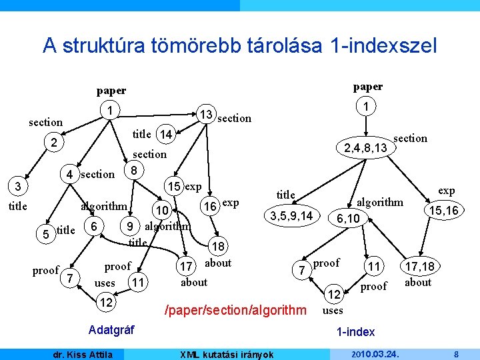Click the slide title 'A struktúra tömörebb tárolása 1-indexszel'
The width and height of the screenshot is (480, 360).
click(239, 45)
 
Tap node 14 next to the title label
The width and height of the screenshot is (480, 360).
click(166, 135)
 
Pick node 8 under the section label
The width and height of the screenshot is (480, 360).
click(134, 170)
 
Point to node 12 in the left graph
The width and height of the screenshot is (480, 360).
click(105, 303)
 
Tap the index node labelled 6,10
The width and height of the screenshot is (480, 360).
click(348, 219)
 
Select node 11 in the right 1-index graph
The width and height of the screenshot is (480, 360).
click(374, 267)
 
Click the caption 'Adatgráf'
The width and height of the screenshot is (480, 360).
click(111, 329)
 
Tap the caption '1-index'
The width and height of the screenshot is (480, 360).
click(355, 331)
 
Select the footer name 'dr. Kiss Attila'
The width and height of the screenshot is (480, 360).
click(83, 354)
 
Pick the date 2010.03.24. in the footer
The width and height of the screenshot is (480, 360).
click(373, 354)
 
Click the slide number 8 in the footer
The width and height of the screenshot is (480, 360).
click(455, 354)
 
